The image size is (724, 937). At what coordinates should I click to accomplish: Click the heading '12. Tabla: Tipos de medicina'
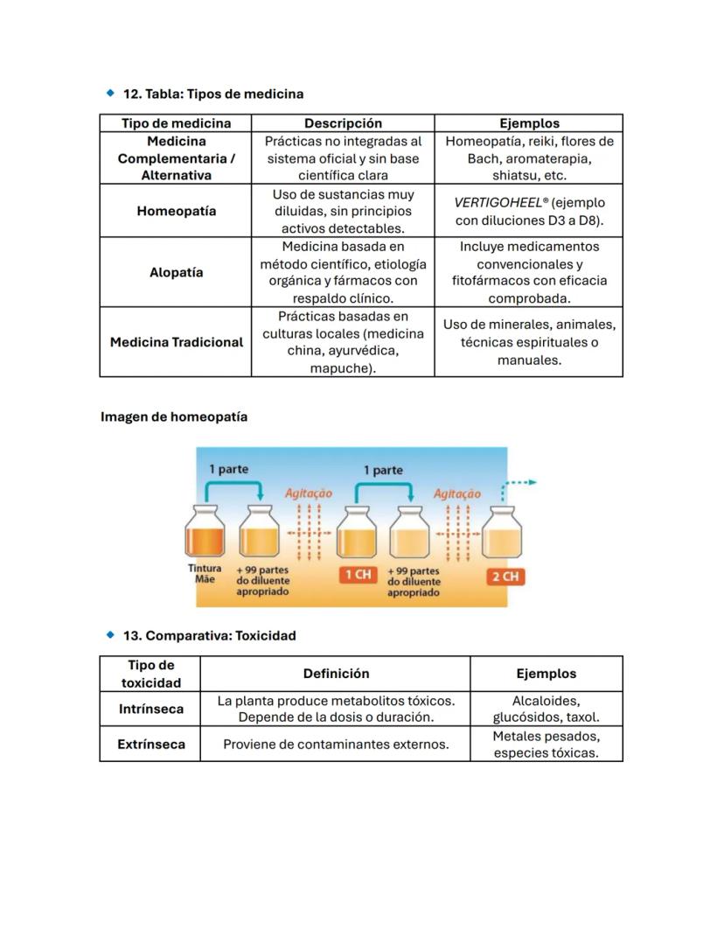click(x=212, y=94)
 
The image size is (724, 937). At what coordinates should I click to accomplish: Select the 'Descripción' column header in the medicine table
click(x=343, y=123)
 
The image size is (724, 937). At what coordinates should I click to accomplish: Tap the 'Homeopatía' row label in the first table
click(x=176, y=211)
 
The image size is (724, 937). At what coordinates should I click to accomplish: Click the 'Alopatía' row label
click(x=176, y=272)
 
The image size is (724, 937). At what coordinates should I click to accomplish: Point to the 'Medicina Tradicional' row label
click(x=176, y=342)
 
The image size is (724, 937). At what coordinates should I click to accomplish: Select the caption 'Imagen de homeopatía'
click(x=174, y=416)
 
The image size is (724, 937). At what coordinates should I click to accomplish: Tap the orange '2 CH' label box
click(x=505, y=577)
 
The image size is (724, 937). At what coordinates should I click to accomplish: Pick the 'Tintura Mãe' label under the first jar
click(x=205, y=573)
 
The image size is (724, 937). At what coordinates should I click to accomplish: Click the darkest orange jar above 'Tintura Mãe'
click(x=205, y=532)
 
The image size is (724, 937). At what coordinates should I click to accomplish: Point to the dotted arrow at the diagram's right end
click(x=521, y=482)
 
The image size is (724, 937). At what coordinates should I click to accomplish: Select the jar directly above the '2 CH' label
click(x=505, y=532)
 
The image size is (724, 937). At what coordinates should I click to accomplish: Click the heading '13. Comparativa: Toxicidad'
click(x=208, y=635)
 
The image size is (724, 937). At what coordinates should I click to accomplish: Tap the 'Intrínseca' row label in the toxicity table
click(x=150, y=709)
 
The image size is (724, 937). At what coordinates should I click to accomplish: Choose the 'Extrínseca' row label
click(x=150, y=744)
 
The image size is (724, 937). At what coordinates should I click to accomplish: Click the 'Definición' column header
click(x=336, y=674)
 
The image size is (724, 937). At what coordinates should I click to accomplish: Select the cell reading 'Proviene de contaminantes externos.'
click(x=336, y=744)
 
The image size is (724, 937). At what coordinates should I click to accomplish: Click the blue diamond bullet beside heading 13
click(x=110, y=634)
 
